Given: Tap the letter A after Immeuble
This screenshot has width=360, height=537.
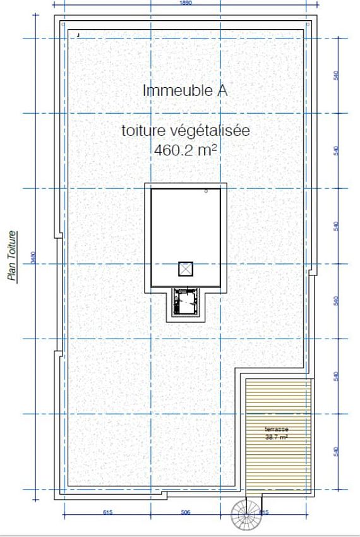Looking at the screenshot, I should (x=222, y=90).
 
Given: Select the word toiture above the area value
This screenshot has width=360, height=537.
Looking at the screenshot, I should (x=144, y=131).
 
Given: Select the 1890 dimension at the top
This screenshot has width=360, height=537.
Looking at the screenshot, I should (x=186, y=3).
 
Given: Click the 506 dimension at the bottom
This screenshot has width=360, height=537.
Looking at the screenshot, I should (x=186, y=512).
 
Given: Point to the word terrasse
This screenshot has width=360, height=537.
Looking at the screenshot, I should (x=276, y=429).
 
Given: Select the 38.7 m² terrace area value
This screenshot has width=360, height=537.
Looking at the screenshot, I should (x=276, y=437).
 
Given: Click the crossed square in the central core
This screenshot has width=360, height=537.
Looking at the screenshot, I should (x=185, y=268).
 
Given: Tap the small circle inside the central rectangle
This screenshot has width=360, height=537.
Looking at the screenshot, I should (x=206, y=191).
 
